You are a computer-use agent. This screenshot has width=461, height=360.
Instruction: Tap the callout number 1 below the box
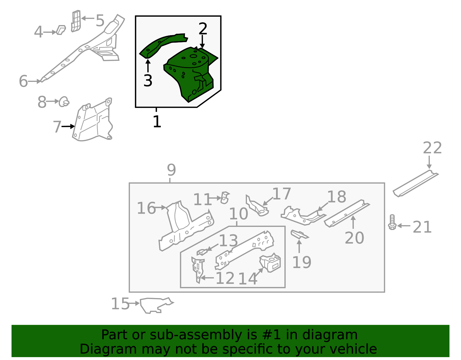pyautogui.click(x=157, y=122)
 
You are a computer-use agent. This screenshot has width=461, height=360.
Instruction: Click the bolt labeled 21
pyautogui.click(x=392, y=223)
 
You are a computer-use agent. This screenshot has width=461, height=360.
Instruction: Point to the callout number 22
pyautogui.click(x=432, y=148)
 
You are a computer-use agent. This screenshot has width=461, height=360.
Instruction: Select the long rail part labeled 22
pyautogui.click(x=415, y=184)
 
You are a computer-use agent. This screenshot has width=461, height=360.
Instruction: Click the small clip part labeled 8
pyautogui.click(x=64, y=102)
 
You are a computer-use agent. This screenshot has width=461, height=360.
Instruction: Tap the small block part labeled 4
pyautogui.click(x=61, y=30)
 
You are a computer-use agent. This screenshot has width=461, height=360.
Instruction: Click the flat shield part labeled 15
pyautogui.click(x=154, y=305)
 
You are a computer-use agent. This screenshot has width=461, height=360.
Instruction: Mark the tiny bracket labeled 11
pyautogui.click(x=225, y=198)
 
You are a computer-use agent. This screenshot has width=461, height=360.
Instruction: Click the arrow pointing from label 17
pyautogui.click(x=268, y=201)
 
